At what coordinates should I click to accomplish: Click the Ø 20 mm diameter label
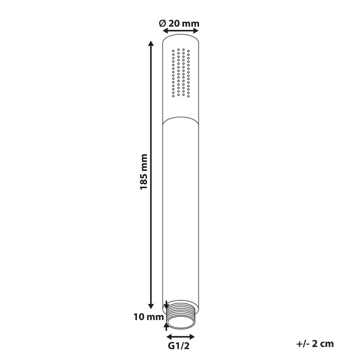coord(179,23)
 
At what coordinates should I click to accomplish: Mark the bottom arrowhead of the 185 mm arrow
coord(151,304)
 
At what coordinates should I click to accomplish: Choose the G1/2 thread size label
coord(181,349)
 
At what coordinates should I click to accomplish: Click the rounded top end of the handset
coord(181,38)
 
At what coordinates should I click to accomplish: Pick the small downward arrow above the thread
coord(166,305)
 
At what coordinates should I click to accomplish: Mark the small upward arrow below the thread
coord(166,323)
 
